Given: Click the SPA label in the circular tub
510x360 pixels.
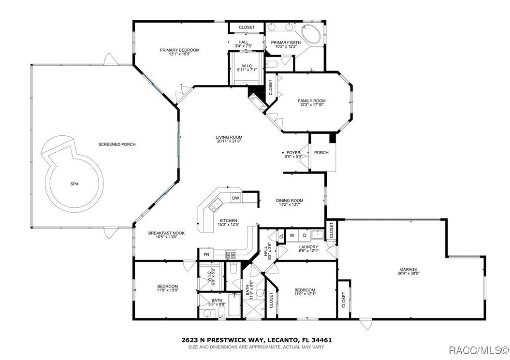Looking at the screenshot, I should point(74,184).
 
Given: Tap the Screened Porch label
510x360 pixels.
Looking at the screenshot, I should point(117,144).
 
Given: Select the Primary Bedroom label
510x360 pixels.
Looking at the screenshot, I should point(180,50).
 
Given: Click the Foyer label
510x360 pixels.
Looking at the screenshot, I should point(293,152).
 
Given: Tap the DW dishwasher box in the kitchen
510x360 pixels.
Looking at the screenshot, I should point(235,198).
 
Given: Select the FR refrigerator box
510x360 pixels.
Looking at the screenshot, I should point(206,255).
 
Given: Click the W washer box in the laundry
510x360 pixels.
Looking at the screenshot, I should point(292,235).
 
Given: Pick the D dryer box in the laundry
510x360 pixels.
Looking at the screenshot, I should point(305,235).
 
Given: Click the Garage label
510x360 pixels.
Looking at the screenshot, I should point(408,270).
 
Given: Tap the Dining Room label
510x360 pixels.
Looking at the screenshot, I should point(290,201).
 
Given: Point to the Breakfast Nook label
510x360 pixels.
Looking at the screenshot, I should point(166,232).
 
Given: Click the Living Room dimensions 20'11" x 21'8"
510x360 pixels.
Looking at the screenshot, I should point(229,141).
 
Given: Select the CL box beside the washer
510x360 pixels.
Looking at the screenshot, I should point(281,236).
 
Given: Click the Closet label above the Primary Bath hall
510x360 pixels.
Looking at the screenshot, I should point(247,28).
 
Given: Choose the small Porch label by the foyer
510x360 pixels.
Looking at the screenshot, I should point(321,153).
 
